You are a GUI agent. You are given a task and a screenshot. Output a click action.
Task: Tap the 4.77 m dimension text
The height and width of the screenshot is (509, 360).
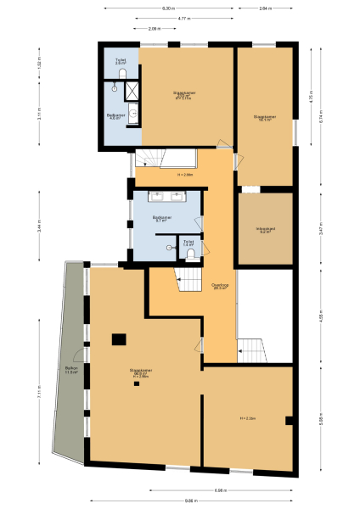[183, 18]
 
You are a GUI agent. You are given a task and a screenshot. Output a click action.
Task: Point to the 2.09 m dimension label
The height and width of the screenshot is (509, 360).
[153, 29]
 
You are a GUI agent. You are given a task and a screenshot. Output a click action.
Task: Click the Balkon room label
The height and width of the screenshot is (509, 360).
[71, 370]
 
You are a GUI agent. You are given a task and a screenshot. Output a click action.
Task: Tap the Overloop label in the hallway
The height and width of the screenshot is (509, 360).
[219, 286]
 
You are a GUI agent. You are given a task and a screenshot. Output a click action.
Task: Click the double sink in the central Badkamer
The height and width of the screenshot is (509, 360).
[168, 197]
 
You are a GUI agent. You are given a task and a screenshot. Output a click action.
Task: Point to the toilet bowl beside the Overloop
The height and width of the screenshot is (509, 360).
[191, 253]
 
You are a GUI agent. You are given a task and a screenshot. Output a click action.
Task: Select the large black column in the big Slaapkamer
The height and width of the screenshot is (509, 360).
[120, 339]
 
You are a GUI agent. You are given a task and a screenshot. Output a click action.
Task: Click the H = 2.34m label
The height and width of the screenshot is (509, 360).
[248, 418]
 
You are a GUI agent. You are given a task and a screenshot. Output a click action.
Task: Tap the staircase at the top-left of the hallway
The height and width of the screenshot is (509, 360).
[151, 158]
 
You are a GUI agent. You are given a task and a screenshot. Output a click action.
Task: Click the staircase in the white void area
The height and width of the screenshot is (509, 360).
[251, 346]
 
